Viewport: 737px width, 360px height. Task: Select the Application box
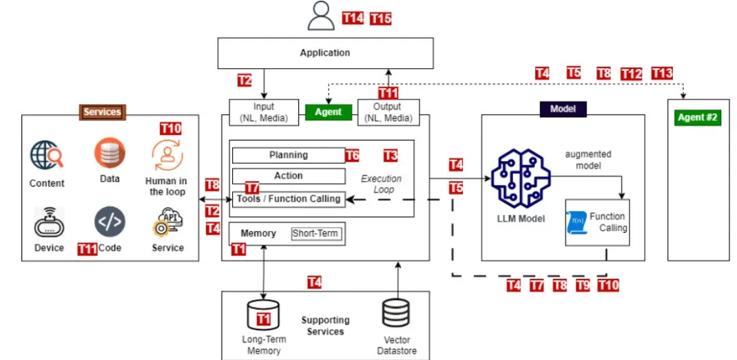tap(325, 53)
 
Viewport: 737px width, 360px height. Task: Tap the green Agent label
tap(328, 112)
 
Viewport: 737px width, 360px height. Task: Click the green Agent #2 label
tap(697, 117)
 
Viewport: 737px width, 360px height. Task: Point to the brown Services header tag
tap(102, 112)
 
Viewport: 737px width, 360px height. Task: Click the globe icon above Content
tap(47, 155)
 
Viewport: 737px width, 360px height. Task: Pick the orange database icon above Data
tap(110, 153)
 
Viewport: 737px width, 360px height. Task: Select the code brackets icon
tap(110, 222)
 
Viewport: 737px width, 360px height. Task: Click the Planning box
tap(288, 156)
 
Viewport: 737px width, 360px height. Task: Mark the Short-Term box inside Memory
tap(315, 234)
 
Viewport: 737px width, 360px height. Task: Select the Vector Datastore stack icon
tap(395, 315)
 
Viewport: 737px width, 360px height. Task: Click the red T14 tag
tap(353, 19)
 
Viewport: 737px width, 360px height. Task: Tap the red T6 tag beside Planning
tap(352, 156)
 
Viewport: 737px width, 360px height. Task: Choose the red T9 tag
tap(583, 285)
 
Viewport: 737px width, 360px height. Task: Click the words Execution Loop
tap(381, 183)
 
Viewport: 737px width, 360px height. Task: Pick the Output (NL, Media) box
tap(388, 112)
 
